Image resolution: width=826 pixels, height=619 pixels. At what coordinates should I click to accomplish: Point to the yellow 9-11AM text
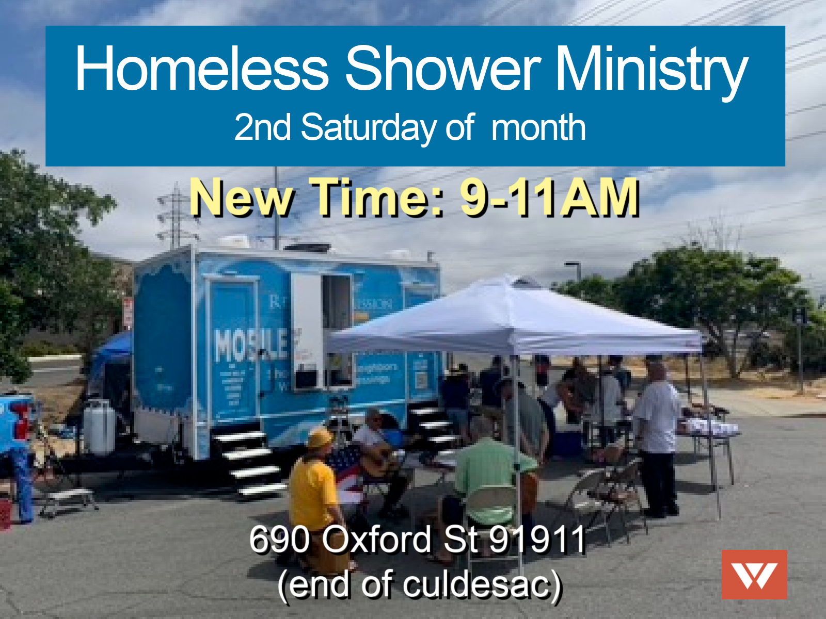point(549,197)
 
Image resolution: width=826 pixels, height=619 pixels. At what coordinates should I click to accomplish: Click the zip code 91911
point(537,539)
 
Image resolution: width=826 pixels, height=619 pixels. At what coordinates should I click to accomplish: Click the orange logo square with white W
point(754,574)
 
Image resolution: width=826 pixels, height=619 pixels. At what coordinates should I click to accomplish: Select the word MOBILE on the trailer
point(251,345)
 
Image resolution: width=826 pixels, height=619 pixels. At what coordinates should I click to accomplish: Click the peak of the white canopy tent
point(511,281)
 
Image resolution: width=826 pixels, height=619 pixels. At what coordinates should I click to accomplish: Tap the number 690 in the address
point(279,539)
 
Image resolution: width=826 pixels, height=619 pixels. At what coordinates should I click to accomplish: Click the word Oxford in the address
point(377,539)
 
